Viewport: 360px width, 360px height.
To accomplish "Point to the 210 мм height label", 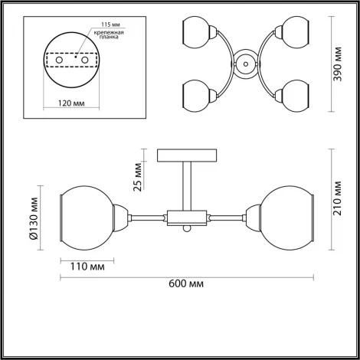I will (x=344, y=198).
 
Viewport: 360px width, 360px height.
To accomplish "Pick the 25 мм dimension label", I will (x=138, y=175).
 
